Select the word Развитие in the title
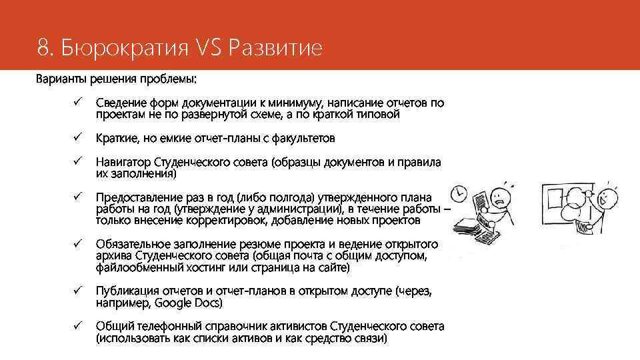tap(276, 48)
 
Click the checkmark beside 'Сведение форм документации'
tap(77, 103)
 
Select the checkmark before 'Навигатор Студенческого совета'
tap(77, 162)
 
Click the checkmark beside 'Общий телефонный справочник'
tap(77, 326)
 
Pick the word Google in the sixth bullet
tap(173, 303)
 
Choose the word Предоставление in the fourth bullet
tap(137, 198)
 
